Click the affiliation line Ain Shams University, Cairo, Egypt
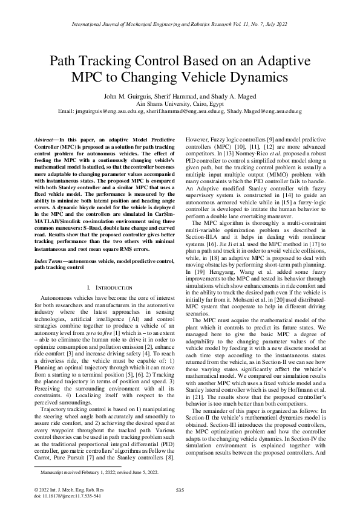(180, 103)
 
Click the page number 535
(180, 490)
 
